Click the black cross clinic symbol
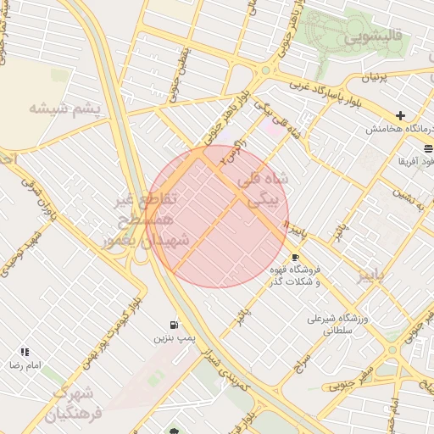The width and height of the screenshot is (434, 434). tap(401, 115)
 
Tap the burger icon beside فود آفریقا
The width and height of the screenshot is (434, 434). tap(428, 147)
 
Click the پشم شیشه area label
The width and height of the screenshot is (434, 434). tap(64, 109)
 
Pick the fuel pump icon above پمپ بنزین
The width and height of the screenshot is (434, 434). tap(175, 324)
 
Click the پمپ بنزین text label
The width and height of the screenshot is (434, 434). tap(169, 337)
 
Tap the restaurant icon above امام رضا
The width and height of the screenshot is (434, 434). tap(25, 351)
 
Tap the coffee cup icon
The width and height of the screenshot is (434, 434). tap(295, 257)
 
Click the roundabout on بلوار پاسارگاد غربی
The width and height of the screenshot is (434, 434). tap(265, 70)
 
